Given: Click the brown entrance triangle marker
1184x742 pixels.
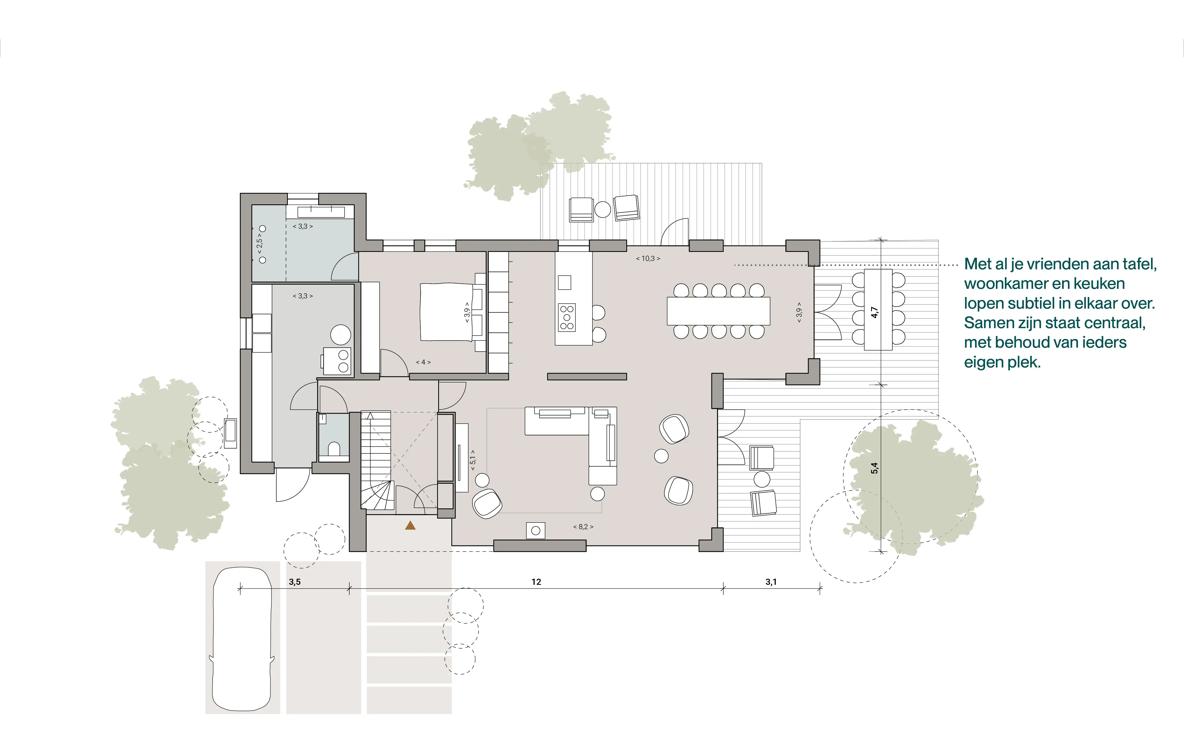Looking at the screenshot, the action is (410, 526).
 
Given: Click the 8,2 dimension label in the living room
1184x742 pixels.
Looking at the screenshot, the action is (583, 526).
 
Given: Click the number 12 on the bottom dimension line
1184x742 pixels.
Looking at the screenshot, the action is (536, 582).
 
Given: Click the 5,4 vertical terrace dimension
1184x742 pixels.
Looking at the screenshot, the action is (874, 468).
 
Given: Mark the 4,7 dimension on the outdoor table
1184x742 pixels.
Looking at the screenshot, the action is (874, 312).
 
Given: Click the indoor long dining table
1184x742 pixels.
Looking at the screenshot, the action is (718, 311).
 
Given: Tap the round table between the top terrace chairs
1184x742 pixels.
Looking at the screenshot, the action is (603, 209).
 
